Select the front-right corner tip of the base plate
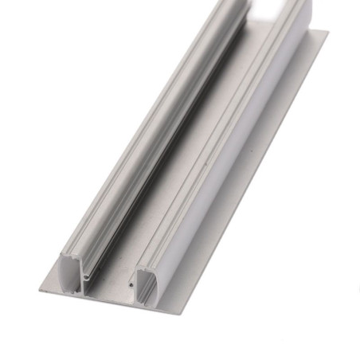(x=184, y=313)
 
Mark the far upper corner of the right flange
(x=327, y=33)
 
